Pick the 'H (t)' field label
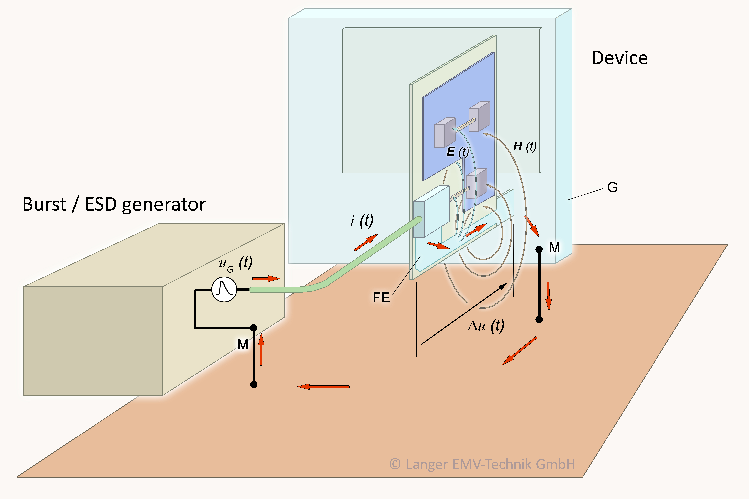click(x=525, y=146)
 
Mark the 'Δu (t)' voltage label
click(x=486, y=326)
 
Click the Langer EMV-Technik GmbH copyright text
click(x=482, y=464)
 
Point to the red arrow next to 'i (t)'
click(x=366, y=243)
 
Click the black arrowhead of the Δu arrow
click(x=504, y=286)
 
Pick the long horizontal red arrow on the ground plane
click(x=323, y=387)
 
